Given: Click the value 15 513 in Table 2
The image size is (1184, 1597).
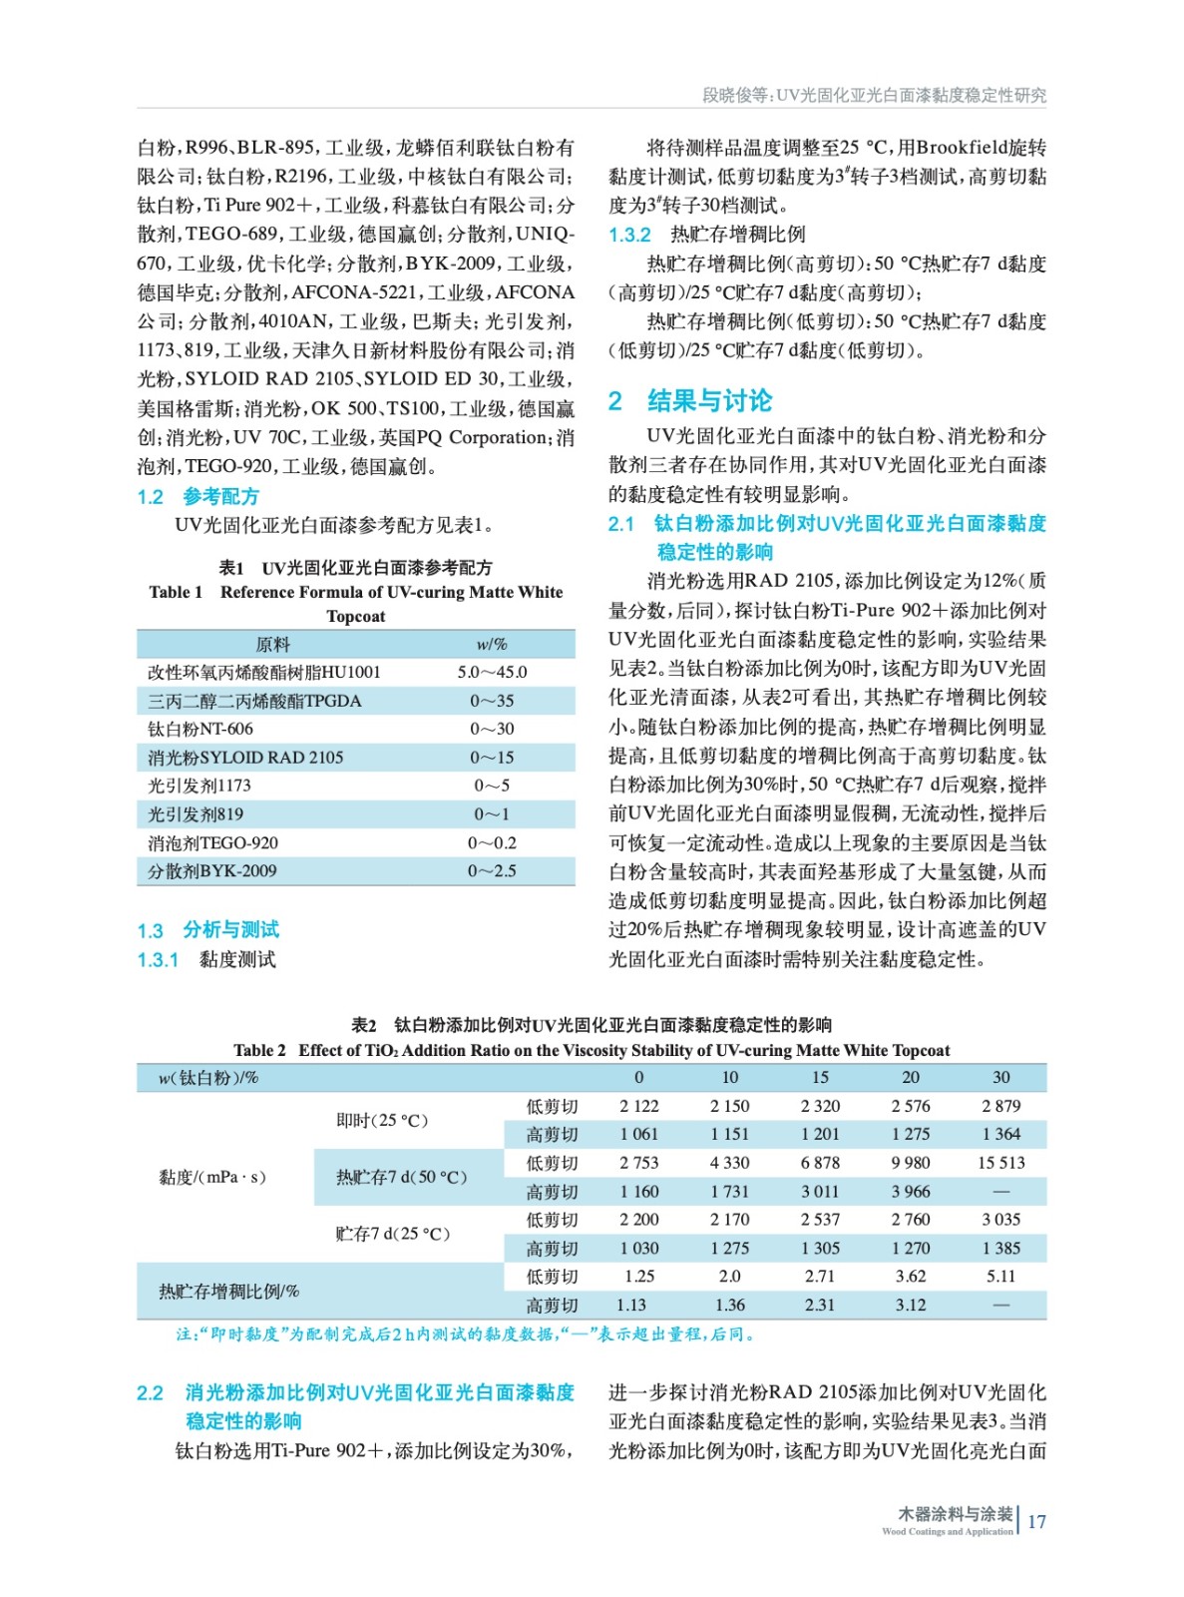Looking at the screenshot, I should [1000, 1163].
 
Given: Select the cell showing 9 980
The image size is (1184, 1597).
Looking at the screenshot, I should [910, 1163].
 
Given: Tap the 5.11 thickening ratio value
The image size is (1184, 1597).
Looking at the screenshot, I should [1000, 1277].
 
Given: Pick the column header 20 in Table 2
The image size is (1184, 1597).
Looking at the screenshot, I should [910, 1078].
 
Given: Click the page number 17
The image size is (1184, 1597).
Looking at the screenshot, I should [1036, 1522].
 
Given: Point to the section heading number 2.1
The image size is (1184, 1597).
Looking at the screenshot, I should [621, 524].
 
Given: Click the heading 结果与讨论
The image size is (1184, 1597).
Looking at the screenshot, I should [709, 401].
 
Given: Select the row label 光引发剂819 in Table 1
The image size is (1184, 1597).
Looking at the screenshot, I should [196, 814].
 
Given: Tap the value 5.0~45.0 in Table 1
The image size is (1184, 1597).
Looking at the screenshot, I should [492, 673].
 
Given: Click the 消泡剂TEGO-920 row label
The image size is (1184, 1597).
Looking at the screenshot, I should [213, 843].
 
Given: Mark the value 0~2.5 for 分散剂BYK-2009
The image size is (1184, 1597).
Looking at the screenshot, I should [492, 871].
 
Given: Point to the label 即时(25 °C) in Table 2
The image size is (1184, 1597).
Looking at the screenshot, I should [382, 1121].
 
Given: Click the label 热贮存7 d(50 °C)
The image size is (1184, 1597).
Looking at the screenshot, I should [402, 1178].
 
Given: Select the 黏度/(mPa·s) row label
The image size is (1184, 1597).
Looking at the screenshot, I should [212, 1178].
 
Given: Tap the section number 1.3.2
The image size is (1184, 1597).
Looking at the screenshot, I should [629, 236].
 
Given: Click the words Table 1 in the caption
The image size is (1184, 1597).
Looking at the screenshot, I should [176, 593].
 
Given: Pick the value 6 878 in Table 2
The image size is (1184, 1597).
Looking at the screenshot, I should [820, 1163].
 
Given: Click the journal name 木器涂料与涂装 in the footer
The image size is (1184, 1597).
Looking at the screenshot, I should [955, 1514].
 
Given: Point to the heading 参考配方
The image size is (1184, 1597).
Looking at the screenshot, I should [220, 497].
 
